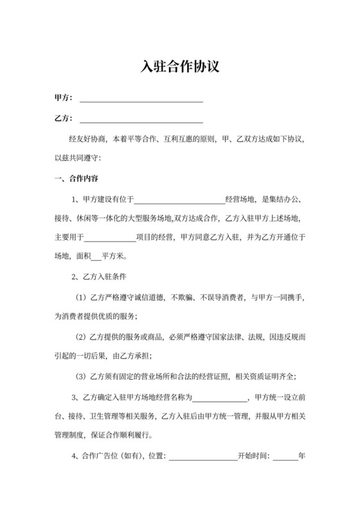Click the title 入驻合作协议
click(180, 67)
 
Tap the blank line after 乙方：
click(141, 119)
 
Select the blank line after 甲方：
click(141, 98)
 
